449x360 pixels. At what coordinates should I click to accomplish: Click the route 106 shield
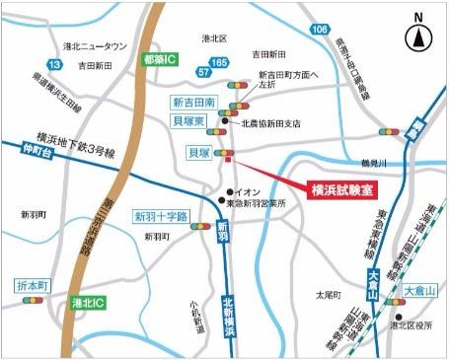319,31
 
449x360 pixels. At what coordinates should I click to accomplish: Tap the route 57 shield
202,72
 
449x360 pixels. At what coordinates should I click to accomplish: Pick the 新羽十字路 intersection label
160,216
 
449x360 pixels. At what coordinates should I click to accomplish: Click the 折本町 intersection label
35,285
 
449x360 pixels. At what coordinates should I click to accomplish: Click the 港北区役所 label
412,324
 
